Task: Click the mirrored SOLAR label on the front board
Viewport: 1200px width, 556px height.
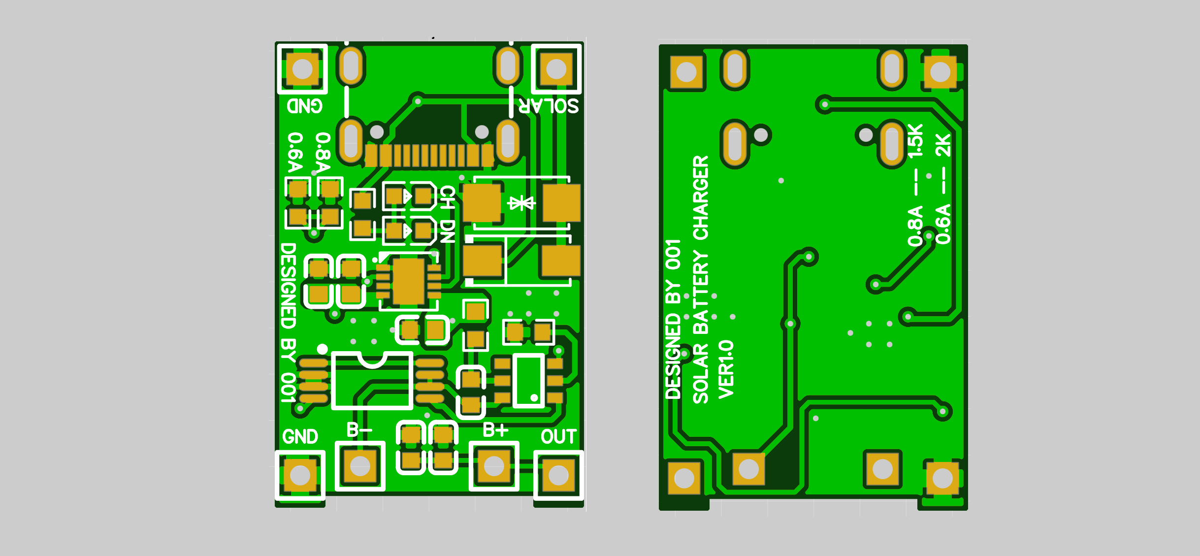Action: click(x=549, y=105)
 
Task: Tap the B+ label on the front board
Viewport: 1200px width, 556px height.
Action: click(x=495, y=430)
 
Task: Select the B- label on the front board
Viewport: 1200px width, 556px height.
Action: click(x=359, y=430)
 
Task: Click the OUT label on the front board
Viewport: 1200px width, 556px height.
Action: click(x=558, y=436)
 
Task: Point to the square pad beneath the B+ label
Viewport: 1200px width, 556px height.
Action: click(x=494, y=466)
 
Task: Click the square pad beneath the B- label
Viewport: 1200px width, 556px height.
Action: click(x=360, y=466)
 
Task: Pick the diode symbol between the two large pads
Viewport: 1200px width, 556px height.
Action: click(x=521, y=203)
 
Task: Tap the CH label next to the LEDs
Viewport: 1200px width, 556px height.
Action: click(x=447, y=197)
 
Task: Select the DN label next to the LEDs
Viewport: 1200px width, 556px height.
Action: click(x=447, y=231)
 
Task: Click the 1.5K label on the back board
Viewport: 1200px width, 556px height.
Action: click(x=915, y=141)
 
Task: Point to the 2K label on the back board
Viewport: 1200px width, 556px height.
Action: click(x=943, y=145)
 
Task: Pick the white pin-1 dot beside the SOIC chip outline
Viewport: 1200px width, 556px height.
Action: click(x=322, y=349)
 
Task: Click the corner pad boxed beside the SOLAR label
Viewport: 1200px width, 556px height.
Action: click(x=556, y=69)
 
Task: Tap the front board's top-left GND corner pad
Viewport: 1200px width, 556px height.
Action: click(x=302, y=69)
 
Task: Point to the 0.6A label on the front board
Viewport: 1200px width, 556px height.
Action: click(x=295, y=152)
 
